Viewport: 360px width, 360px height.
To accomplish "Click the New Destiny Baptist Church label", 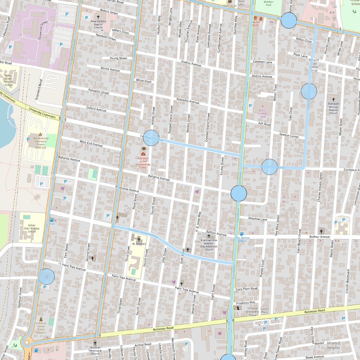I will [98, 24].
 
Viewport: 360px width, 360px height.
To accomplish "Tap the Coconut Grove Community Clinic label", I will [143, 163].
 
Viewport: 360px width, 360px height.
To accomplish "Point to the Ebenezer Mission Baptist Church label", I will [333, 108].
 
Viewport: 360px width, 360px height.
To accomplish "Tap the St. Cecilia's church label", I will [139, 243].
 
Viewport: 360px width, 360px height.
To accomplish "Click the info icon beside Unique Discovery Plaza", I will [239, 308].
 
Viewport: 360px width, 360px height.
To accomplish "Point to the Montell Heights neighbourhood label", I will [333, 345].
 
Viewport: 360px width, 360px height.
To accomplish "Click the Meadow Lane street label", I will [258, 219].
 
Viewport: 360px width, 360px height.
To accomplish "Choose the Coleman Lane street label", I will [262, 62].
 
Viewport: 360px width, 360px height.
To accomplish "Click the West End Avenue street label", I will [91, 143].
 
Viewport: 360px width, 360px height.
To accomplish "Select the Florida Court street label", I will [262, 268].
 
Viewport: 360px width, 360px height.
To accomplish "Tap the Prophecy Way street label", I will [245, 303].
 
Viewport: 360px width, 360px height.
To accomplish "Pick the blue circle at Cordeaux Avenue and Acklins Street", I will [151, 138].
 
